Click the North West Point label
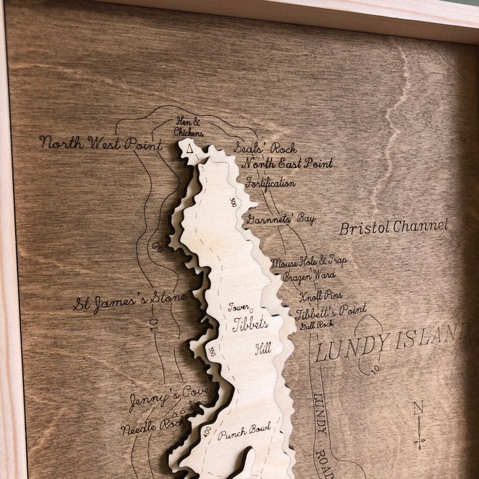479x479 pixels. (x=101, y=144)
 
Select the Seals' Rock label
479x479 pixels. (x=265, y=148)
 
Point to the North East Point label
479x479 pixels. (x=287, y=163)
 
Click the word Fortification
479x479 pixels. (x=270, y=182)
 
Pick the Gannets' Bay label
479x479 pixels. (x=281, y=218)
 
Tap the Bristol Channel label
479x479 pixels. (x=394, y=227)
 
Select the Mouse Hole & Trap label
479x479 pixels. (x=309, y=262)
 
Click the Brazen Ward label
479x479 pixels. (x=309, y=276)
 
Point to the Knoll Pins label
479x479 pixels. (x=321, y=296)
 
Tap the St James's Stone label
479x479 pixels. (x=130, y=302)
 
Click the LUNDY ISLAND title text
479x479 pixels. (x=392, y=343)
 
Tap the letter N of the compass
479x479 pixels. (x=417, y=408)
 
